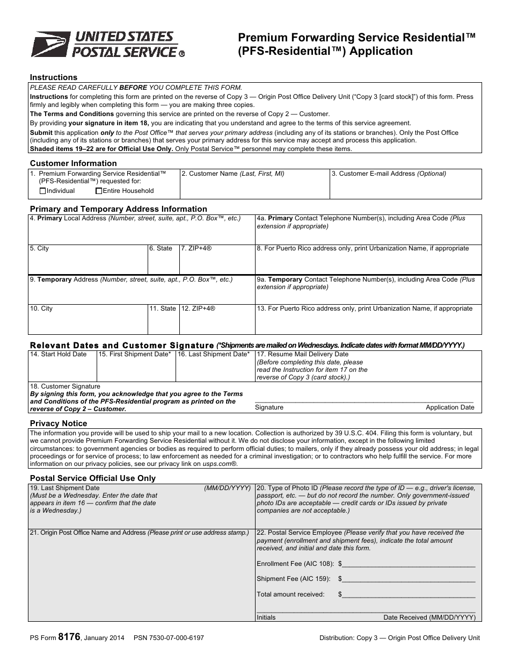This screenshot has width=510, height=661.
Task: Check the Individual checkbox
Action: tap(43, 191)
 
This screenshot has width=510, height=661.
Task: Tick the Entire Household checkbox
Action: tap(99, 191)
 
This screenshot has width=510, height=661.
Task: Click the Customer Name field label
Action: tap(233, 174)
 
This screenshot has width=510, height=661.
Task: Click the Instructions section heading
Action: tap(54, 77)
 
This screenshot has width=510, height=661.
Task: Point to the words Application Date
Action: tap(450, 407)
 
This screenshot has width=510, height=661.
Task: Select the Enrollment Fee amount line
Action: tap(408, 565)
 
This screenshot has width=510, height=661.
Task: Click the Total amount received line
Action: tap(408, 595)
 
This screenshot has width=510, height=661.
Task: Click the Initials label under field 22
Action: tap(266, 617)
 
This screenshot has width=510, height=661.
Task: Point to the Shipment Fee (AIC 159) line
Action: tap(408, 580)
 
